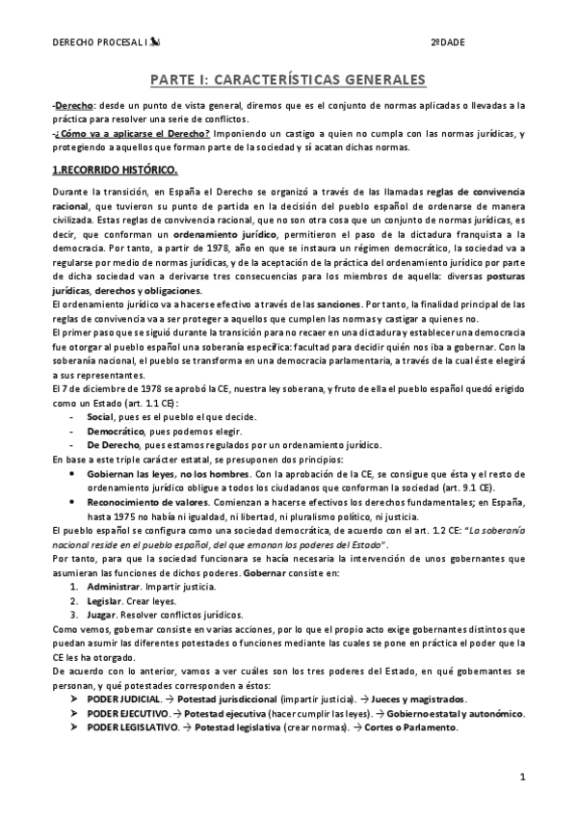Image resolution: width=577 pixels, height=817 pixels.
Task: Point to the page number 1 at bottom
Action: pyautogui.click(x=521, y=776)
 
